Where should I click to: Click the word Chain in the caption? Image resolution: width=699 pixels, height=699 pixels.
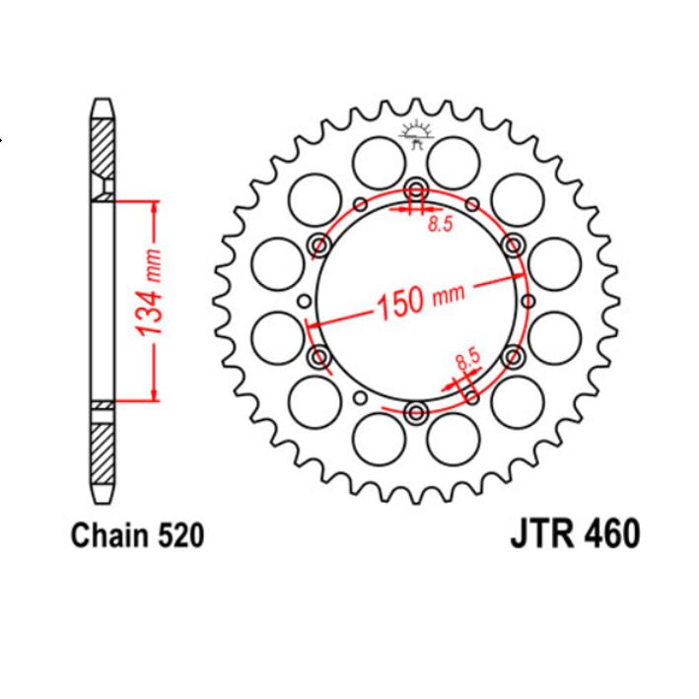click(x=108, y=536)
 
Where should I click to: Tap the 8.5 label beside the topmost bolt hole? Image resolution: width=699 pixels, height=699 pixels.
click(x=439, y=226)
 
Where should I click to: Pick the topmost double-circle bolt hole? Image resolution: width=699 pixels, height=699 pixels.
click(x=415, y=190)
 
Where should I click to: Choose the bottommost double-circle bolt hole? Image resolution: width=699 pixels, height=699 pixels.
click(x=415, y=410)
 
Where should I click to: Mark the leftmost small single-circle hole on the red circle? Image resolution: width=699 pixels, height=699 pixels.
click(x=305, y=301)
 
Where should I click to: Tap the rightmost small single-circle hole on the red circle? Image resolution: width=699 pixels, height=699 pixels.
click(x=525, y=301)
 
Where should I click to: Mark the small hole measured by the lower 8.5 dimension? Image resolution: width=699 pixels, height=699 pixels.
click(x=471, y=396)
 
